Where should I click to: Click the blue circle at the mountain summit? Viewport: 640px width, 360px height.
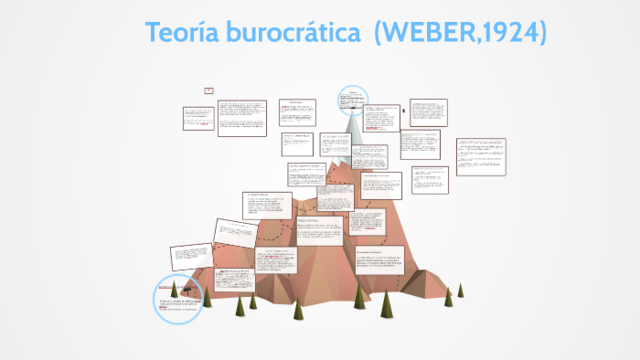click(x=352, y=98)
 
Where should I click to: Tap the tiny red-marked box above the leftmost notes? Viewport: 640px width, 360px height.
click(x=209, y=90)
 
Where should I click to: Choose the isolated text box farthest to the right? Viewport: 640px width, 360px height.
click(x=480, y=156)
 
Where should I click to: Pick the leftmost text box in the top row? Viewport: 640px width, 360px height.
click(x=197, y=117)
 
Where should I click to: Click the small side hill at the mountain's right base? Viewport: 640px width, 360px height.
click(x=440, y=265)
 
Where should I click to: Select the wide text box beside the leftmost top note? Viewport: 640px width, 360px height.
click(x=242, y=117)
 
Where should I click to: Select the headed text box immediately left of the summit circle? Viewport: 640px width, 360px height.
click(x=297, y=112)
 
